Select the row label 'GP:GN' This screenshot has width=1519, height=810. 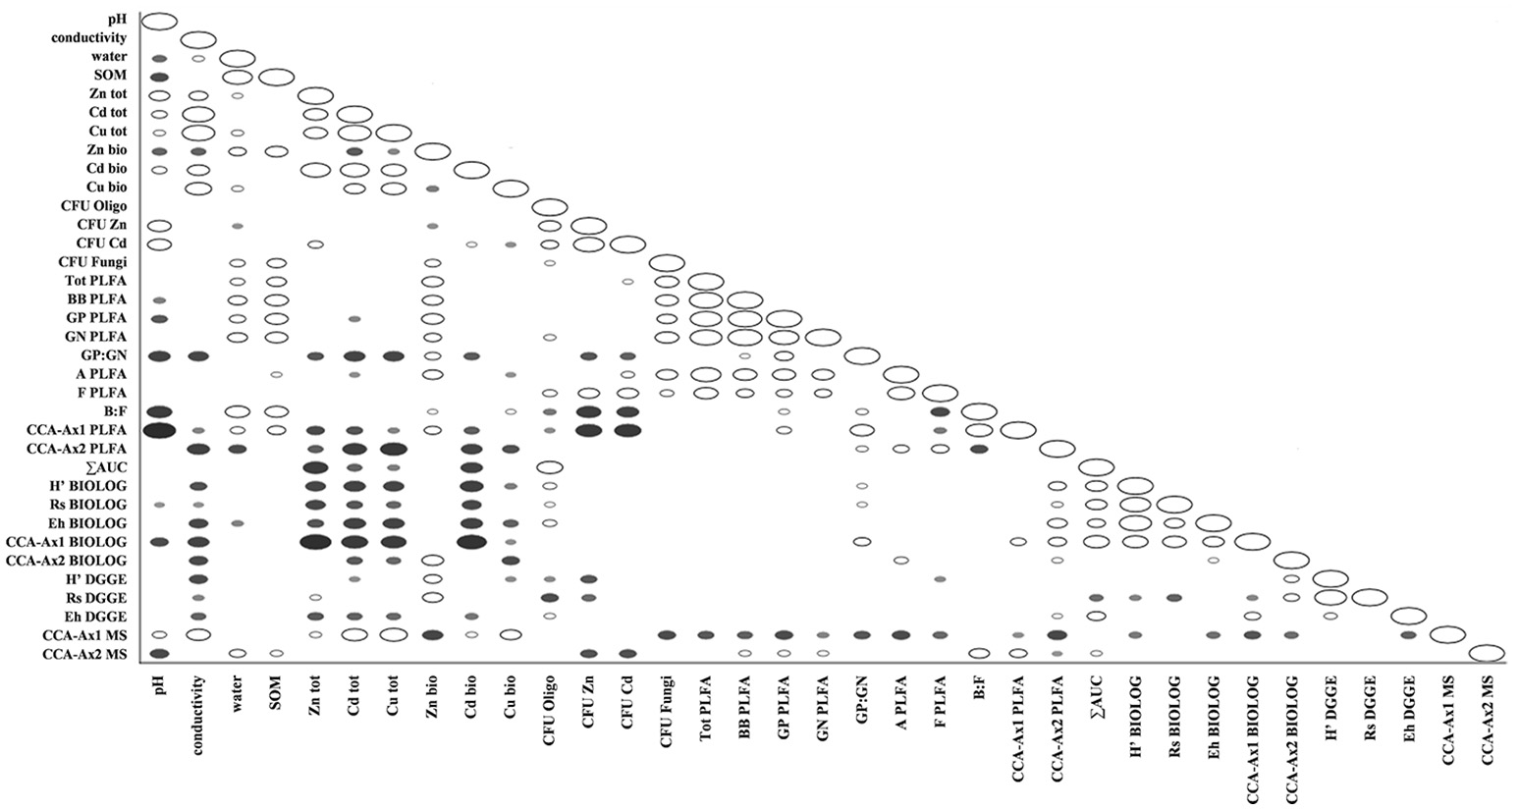[x=106, y=355]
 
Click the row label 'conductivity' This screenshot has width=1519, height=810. [x=89, y=39]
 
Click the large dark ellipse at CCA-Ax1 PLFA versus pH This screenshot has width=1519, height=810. [x=159, y=430]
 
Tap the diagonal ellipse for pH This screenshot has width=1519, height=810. [x=159, y=21]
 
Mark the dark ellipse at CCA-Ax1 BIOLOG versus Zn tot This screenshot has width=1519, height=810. [x=315, y=541]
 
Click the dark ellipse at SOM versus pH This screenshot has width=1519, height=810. [x=159, y=77]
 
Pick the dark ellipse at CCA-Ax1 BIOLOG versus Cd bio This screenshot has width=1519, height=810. [x=471, y=541]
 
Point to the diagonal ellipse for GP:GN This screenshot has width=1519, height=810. [x=861, y=355]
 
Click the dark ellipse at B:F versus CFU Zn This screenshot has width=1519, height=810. [x=588, y=411]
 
